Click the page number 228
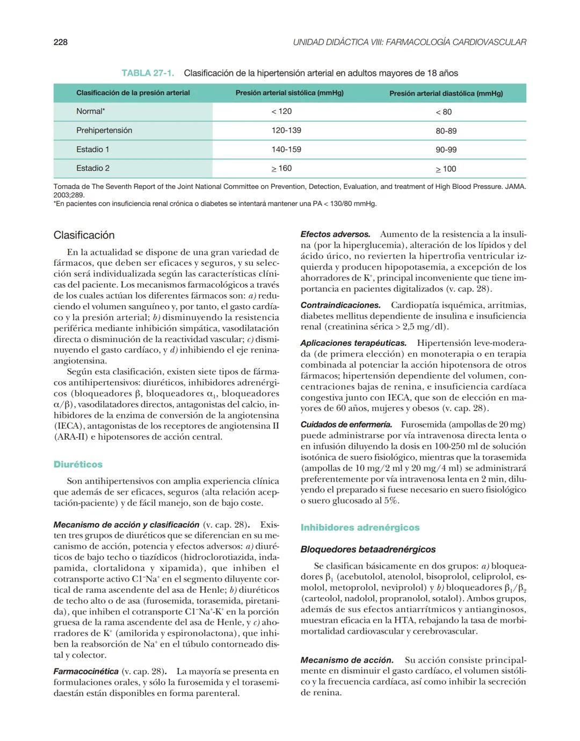60,42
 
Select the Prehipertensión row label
104,130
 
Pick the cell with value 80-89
446,131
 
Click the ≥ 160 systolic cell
281,169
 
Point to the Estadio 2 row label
92,168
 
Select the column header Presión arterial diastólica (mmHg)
446,93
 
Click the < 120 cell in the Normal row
281,111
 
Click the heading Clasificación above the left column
84,235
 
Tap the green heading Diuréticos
78,464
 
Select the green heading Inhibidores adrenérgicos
360,528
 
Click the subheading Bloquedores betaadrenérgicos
368,549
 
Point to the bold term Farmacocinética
86,672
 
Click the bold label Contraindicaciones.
340,305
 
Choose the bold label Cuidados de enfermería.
346,425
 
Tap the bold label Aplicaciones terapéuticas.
353,343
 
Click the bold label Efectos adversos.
335,235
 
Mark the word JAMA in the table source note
515,187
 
